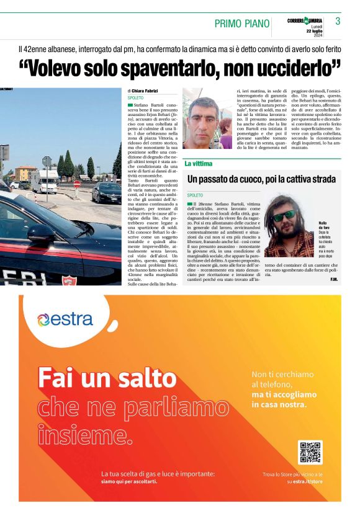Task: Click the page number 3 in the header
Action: click(x=338, y=21)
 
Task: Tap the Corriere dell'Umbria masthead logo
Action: click(x=305, y=21)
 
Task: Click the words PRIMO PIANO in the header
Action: click(x=242, y=24)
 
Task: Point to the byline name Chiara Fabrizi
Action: click(x=145, y=91)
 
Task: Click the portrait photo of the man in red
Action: click(x=207, y=122)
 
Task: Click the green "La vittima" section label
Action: click(x=199, y=164)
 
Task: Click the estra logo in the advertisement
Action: click(x=65, y=319)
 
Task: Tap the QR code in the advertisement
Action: click(x=310, y=453)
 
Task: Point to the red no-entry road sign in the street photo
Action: click(x=76, y=184)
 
